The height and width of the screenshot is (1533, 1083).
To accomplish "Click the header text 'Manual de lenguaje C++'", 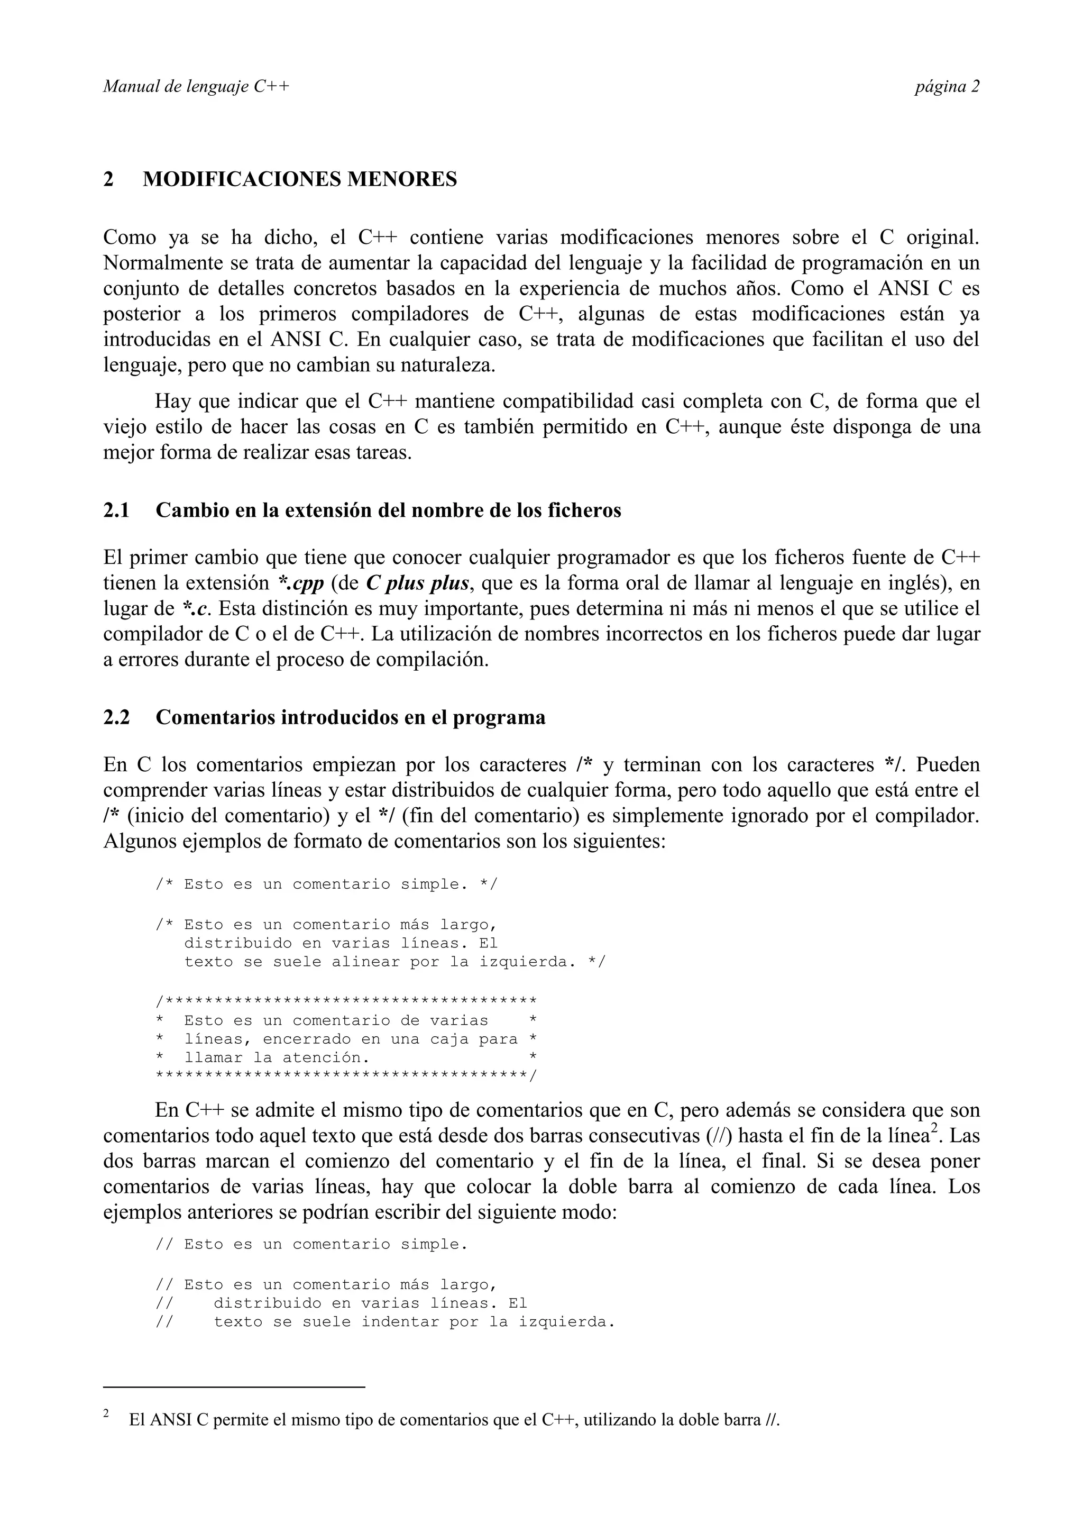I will coord(196,87).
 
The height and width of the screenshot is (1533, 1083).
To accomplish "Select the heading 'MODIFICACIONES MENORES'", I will coord(300,180).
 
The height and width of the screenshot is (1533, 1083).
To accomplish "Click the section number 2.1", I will coord(116,511).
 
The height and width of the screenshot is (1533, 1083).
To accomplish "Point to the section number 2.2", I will coord(116,718).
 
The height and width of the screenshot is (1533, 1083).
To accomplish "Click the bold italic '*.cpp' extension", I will coord(300,583).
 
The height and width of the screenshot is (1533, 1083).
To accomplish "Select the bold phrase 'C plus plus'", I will coord(417,583).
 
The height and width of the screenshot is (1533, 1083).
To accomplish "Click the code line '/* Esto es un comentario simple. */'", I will coord(326,884).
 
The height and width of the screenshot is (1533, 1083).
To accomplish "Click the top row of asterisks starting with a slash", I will coord(346,1001).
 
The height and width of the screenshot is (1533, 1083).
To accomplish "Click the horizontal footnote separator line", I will coord(234,1388).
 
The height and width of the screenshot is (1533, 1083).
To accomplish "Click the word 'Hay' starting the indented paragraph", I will coord(171,402).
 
